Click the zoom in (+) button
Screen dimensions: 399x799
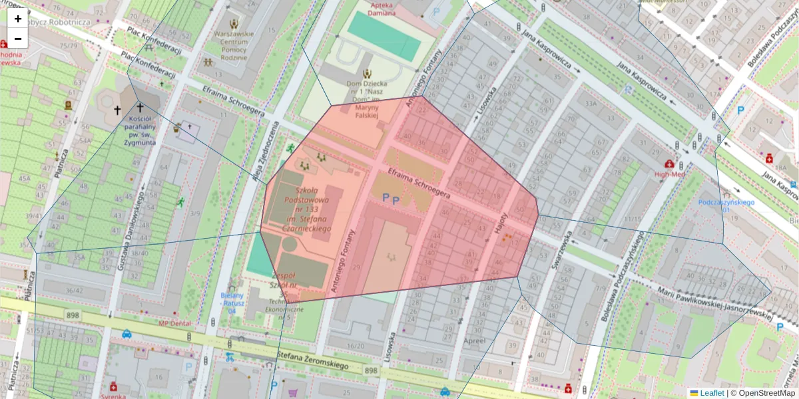pyautogui.click(x=18, y=18)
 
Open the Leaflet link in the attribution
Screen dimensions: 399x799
pyautogui.click(x=711, y=393)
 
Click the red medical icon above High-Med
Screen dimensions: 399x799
pyautogui.click(x=668, y=164)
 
